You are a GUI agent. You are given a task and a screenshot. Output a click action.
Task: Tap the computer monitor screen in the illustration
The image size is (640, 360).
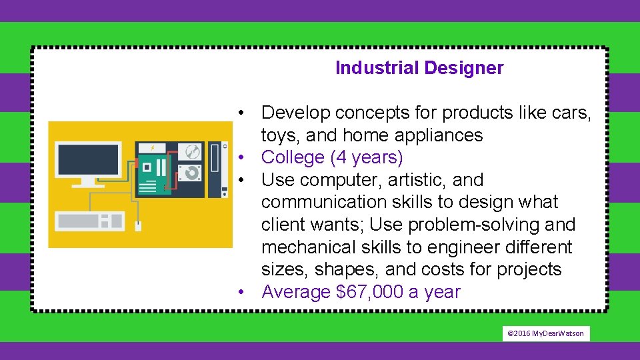pyautogui.click(x=88, y=159)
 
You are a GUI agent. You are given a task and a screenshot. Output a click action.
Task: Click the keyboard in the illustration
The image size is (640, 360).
pyautogui.click(x=89, y=221)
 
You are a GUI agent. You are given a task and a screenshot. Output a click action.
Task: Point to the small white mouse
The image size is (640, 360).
pyautogui.click(x=138, y=226)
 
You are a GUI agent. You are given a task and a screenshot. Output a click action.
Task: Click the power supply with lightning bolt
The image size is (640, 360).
pyautogui.click(x=151, y=148)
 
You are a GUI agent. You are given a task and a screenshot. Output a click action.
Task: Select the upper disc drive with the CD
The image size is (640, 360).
pyautogui.click(x=191, y=151)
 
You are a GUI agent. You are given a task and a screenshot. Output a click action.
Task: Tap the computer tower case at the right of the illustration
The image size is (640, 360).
pyautogui.click(x=215, y=169)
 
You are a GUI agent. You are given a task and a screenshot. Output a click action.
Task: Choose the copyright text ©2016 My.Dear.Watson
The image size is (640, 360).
pyautogui.click(x=545, y=333)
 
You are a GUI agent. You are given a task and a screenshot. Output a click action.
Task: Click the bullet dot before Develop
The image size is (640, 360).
pyautogui.click(x=246, y=113)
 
